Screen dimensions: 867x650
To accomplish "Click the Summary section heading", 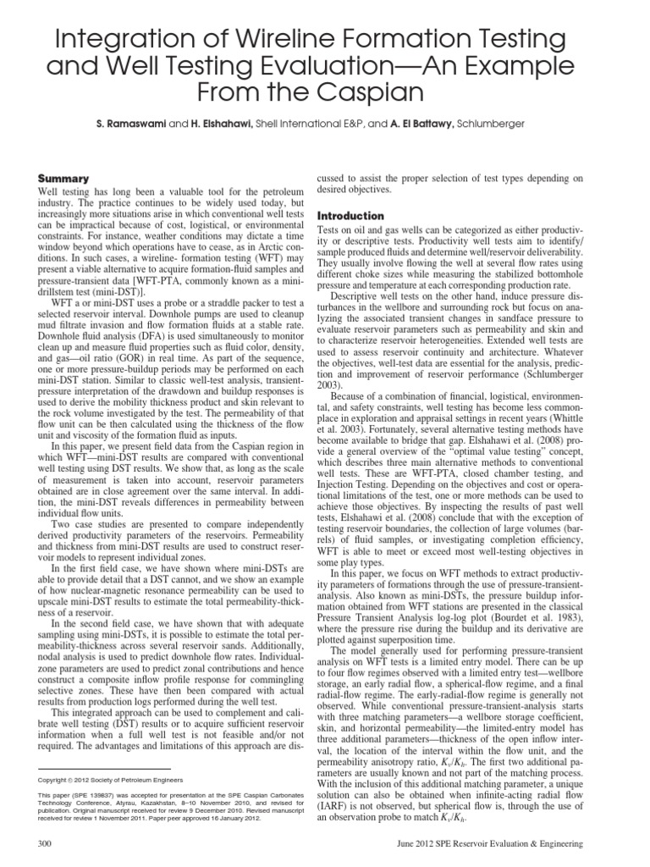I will click(x=64, y=179).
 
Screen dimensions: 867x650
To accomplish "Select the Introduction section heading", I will click(x=350, y=216).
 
